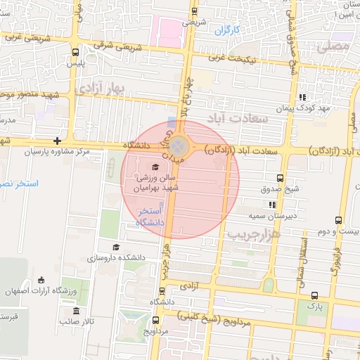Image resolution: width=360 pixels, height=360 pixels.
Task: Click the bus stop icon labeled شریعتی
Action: coord(194,11)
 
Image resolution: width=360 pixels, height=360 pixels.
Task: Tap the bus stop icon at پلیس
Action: coord(76,52)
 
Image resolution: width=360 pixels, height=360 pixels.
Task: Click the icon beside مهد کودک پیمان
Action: coord(302,97)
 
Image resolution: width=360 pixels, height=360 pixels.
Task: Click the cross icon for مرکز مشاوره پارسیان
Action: coord(57,141)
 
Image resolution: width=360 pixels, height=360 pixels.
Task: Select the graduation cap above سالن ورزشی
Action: coord(155,167)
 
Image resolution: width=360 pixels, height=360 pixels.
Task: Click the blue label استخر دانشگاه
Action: coord(151,216)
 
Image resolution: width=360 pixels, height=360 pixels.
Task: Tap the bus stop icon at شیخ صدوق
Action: coord(281,178)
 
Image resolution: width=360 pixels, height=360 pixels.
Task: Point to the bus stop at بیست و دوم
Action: coord(340,220)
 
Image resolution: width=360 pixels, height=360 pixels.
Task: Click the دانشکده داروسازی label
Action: coord(120,258)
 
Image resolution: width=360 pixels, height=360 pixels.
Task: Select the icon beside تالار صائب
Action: coord(77,311)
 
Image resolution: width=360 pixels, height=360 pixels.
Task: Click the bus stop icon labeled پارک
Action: coord(314,296)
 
